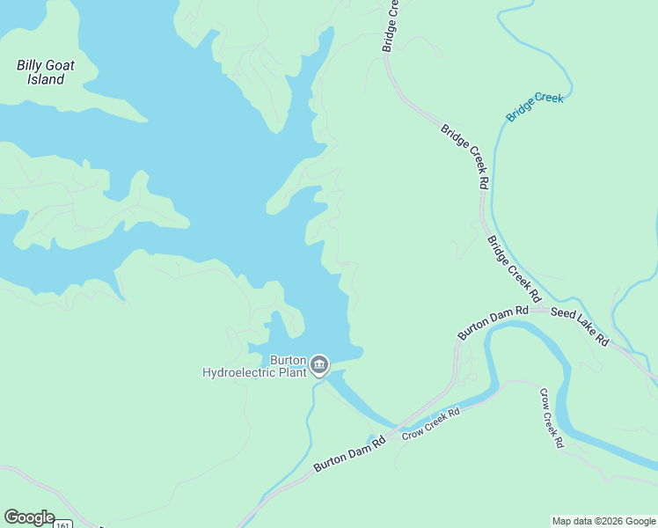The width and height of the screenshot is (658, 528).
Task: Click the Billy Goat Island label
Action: click(x=46, y=72)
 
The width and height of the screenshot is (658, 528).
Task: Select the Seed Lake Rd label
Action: click(x=579, y=326)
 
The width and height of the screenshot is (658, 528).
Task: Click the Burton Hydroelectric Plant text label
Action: click(x=254, y=366)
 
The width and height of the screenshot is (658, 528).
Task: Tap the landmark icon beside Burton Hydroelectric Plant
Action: click(x=319, y=364)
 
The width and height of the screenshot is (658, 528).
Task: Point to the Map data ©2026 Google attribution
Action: click(x=604, y=521)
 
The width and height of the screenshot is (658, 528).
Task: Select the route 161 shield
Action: click(x=62, y=524)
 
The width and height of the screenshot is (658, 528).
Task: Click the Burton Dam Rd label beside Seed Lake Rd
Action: click(x=493, y=323)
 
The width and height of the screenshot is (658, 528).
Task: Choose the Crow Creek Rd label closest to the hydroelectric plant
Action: click(x=431, y=423)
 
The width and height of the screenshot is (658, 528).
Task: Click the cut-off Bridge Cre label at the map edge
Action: click(x=391, y=25)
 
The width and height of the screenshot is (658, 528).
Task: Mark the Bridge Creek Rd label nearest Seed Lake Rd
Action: click(x=510, y=264)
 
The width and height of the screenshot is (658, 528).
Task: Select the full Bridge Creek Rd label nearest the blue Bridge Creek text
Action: click(x=465, y=157)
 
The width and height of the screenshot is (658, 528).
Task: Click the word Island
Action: click(x=46, y=80)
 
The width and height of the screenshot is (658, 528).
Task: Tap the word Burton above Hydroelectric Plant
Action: click(x=287, y=360)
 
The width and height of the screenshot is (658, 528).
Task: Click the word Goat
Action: click(x=61, y=65)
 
